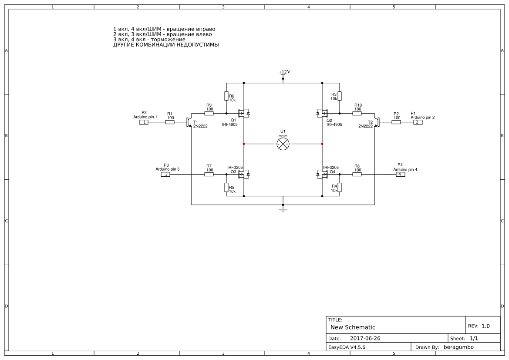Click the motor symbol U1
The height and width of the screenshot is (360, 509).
(283, 144)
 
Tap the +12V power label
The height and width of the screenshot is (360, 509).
(284, 72)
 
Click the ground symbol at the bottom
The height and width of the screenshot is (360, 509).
(283, 210)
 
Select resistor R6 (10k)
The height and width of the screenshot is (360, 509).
(226, 96)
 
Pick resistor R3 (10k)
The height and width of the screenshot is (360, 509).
(340, 96)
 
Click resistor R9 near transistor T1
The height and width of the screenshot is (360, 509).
(209, 114)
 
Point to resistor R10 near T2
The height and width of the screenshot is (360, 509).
(357, 114)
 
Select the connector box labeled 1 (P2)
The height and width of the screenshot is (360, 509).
(144, 122)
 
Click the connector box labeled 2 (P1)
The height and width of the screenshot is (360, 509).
(417, 122)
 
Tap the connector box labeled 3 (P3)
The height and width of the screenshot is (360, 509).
(165, 175)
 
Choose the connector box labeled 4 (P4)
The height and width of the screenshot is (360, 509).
(400, 175)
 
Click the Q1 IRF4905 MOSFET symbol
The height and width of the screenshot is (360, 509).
(243, 114)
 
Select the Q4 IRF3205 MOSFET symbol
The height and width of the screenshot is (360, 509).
(323, 175)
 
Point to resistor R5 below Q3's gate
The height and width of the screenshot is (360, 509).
(226, 188)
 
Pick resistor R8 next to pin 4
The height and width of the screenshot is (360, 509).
(357, 175)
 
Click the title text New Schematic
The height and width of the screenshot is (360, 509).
(353, 327)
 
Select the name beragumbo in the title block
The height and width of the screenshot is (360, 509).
(458, 347)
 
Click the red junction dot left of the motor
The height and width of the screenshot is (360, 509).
(244, 144)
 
